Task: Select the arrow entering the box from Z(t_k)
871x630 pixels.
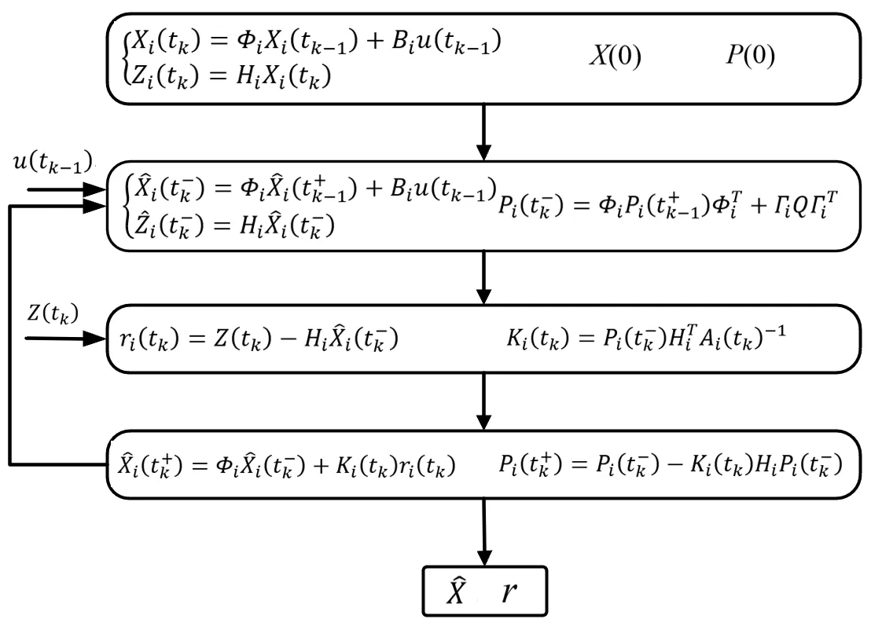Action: [67, 340]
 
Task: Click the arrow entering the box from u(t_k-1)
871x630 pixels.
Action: [67, 189]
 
